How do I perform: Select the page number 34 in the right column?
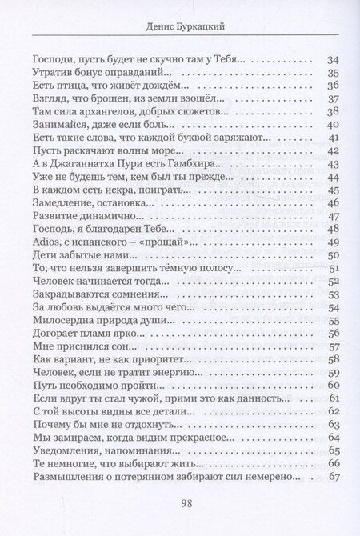334,60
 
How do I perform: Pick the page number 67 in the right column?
334,477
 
